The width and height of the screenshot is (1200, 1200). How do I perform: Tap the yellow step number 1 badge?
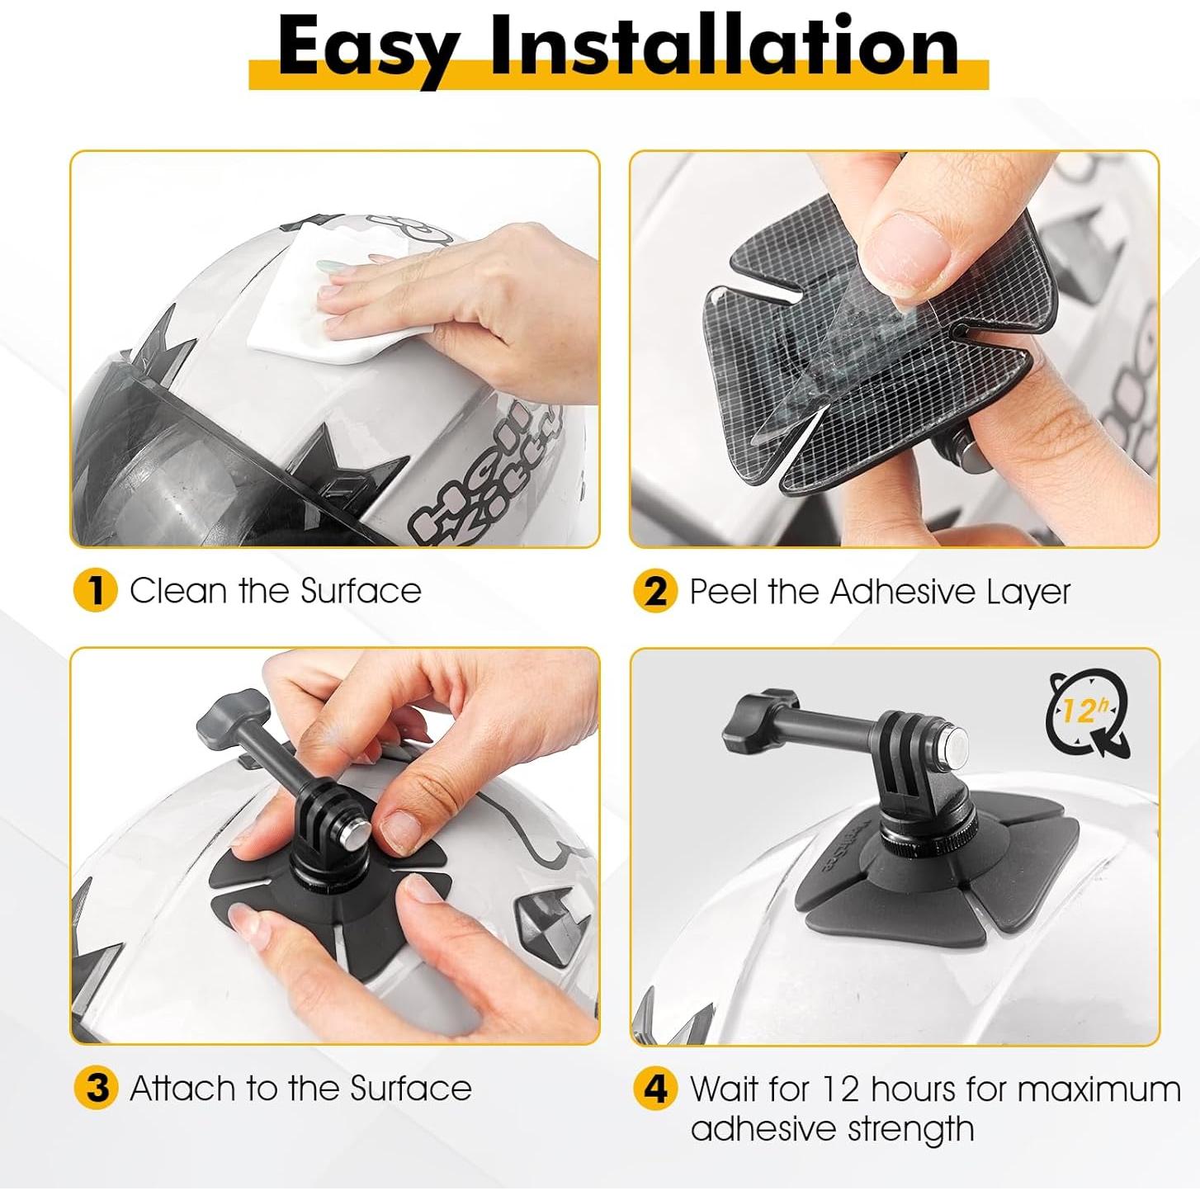[95, 591]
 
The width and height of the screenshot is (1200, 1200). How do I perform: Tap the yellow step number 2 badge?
[655, 591]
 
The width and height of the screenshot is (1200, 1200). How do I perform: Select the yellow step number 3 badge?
[96, 1088]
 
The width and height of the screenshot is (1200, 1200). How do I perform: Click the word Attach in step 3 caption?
[183, 1088]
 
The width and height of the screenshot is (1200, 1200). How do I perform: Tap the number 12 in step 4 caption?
[840, 1089]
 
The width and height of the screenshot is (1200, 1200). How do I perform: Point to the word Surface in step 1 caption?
[361, 591]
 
